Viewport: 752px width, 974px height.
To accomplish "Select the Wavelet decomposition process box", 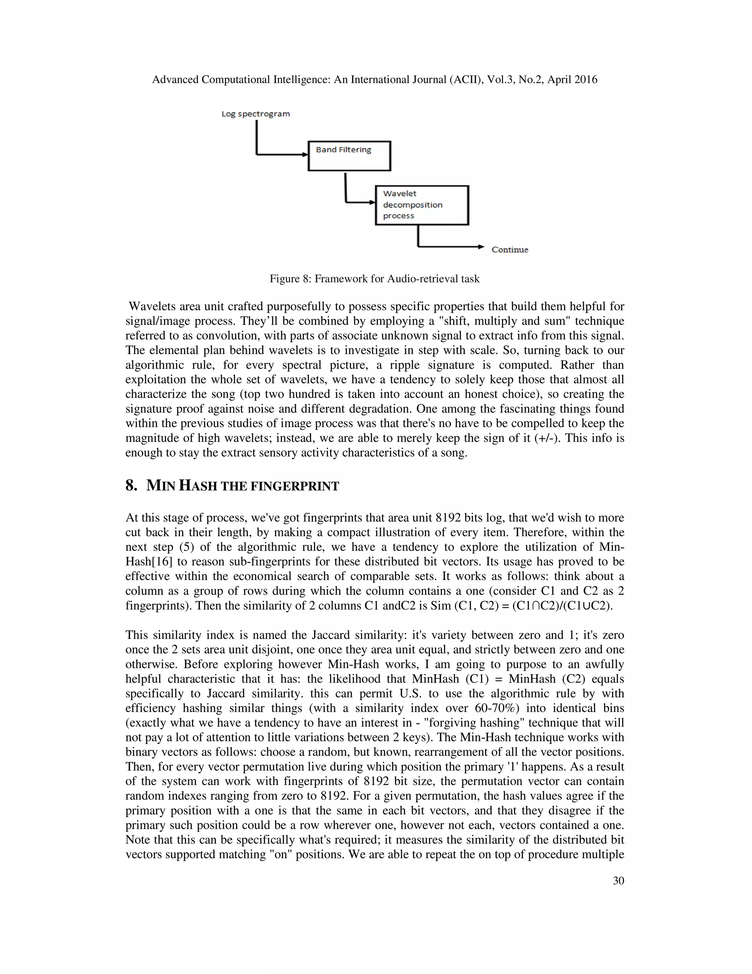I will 422,205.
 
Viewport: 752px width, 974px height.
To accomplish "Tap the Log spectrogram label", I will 256,114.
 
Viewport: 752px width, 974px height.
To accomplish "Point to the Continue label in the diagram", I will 510,250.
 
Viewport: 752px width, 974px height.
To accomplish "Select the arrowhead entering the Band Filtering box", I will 305,155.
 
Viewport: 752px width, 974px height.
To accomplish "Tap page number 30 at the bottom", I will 618,880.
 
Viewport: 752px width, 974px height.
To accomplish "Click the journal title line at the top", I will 374,80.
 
